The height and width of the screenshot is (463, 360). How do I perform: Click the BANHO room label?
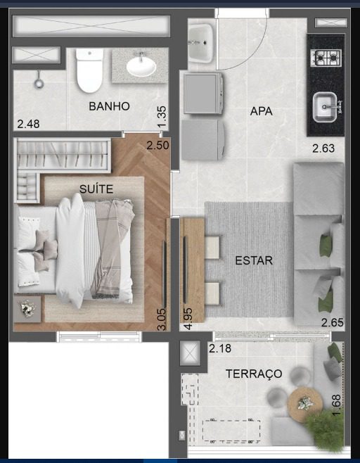tap(109, 106)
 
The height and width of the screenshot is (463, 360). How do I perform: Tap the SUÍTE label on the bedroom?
tap(96, 189)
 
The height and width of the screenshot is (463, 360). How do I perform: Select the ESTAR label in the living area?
tap(254, 260)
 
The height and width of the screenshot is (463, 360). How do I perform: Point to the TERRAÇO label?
tap(254, 374)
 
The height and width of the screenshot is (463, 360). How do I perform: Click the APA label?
tap(261, 111)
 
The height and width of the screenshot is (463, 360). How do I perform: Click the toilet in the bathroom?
tap(89, 71)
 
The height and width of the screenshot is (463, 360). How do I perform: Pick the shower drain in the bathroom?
tap(39, 83)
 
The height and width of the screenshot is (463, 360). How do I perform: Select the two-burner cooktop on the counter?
tap(326, 58)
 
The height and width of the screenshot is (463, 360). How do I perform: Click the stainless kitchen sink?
tap(325, 107)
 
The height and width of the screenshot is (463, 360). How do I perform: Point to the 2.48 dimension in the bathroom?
tap(28, 124)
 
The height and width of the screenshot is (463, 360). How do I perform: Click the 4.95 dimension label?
tap(188, 319)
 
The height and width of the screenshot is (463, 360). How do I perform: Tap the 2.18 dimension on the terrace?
tap(220, 348)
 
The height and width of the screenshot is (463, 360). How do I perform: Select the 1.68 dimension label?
tap(336, 405)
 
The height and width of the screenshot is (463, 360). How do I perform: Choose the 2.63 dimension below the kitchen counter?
tap(323, 148)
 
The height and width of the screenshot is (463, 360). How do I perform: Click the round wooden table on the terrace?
tap(305, 405)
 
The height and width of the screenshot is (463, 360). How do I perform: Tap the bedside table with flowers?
tap(27, 309)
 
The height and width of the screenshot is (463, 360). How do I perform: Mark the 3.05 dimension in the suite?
tap(162, 319)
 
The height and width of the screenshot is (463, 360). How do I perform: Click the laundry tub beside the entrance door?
tap(200, 43)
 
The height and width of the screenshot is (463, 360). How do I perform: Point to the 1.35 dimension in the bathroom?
tap(162, 117)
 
